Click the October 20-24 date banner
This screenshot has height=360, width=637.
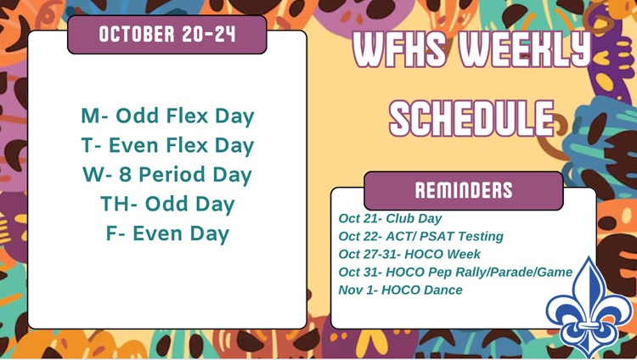click(x=167, y=35)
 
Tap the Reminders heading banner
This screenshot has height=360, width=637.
click(x=463, y=190)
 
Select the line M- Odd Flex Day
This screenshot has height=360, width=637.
click(x=167, y=115)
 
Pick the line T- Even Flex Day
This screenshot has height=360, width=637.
click(x=167, y=145)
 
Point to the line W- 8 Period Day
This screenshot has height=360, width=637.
click(x=167, y=175)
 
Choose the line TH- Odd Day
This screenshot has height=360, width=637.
click(x=167, y=204)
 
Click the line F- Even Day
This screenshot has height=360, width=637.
click(x=167, y=233)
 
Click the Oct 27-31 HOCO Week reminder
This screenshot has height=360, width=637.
click(x=409, y=254)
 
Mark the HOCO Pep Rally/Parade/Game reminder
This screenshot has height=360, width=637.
click(x=455, y=272)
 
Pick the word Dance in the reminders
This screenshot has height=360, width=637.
click(x=445, y=290)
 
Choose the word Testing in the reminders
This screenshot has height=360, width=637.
click(x=480, y=236)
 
